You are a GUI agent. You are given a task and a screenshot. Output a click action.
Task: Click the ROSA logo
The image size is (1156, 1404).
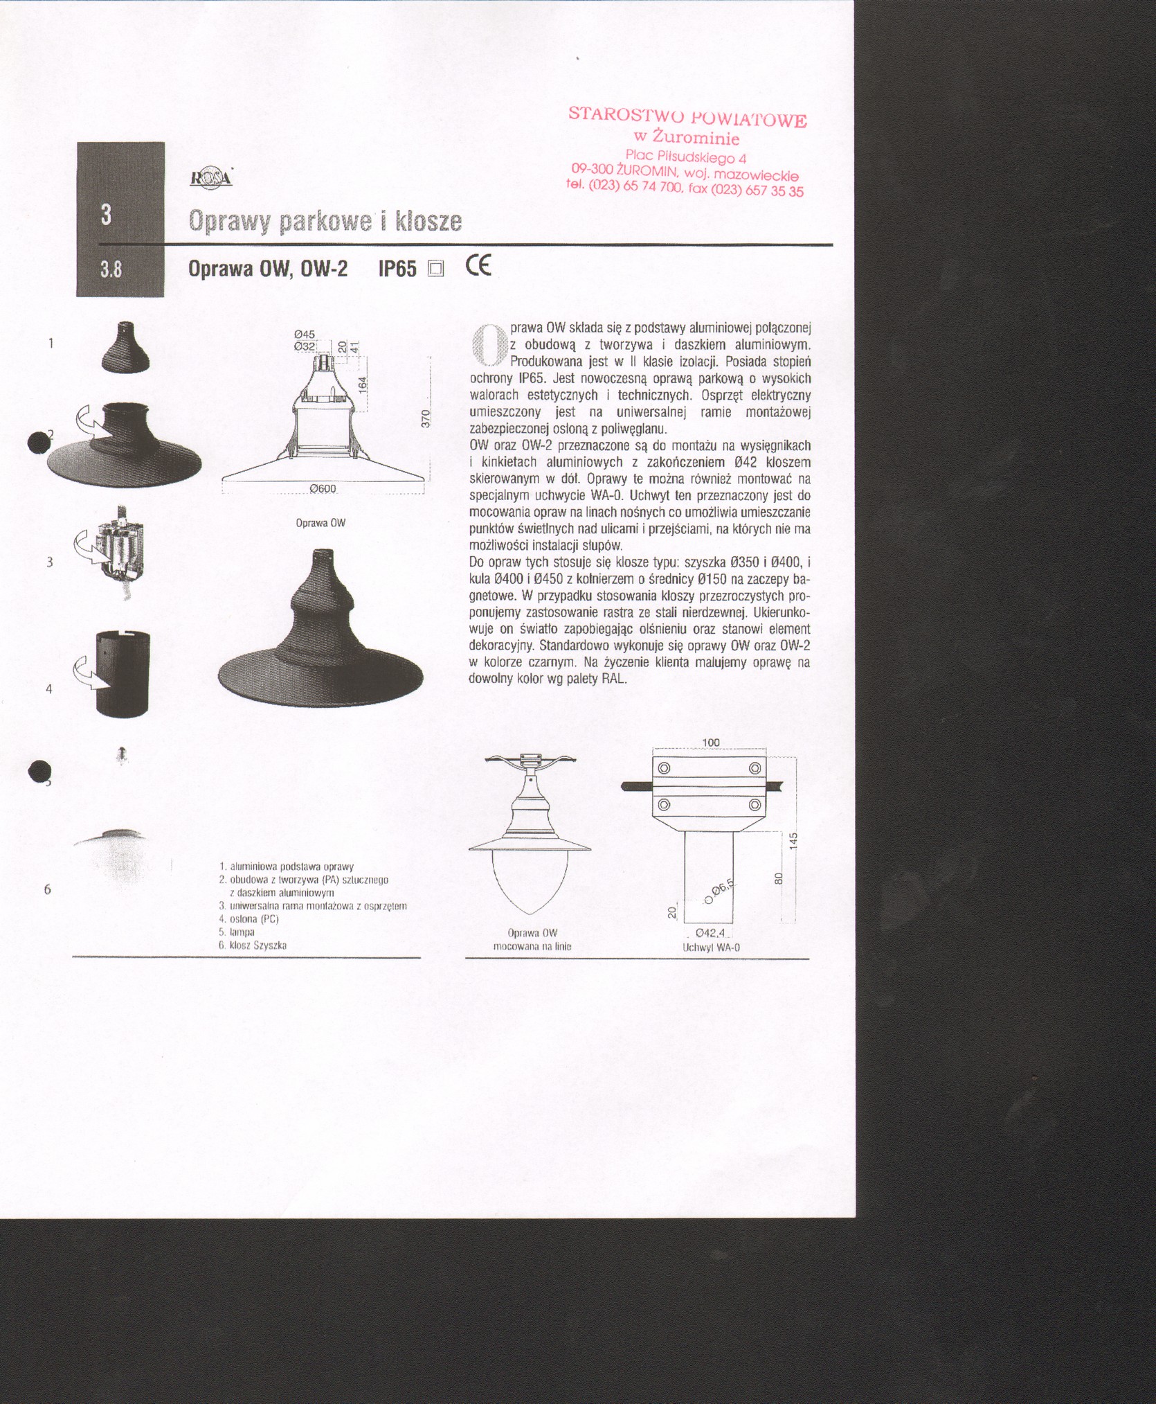[x=210, y=179]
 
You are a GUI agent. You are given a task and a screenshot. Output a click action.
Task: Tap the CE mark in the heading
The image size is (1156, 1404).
[x=478, y=266]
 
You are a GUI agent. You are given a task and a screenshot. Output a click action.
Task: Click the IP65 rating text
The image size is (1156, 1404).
[x=397, y=269]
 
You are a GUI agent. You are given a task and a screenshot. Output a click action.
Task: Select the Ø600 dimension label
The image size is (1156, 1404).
[x=323, y=488]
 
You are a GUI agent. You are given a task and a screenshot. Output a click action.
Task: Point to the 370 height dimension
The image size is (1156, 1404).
[x=426, y=418]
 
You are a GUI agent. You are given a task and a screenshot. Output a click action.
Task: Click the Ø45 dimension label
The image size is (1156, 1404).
[x=305, y=335]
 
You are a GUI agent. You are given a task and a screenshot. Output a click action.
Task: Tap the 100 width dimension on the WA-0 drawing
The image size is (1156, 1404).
[x=711, y=743]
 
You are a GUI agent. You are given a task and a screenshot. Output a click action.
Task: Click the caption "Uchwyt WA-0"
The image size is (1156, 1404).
[x=711, y=947]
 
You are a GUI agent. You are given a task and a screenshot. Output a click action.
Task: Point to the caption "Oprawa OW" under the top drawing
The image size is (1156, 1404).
[x=320, y=523]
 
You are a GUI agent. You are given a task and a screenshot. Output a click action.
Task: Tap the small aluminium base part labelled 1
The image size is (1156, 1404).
[x=126, y=347]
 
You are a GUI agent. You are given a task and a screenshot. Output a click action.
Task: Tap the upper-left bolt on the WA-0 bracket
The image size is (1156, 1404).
[x=664, y=768]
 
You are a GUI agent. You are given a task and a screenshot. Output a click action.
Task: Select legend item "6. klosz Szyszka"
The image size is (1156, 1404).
[x=253, y=945]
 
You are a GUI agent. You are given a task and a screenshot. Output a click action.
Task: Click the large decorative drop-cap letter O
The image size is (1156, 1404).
[x=487, y=344]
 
